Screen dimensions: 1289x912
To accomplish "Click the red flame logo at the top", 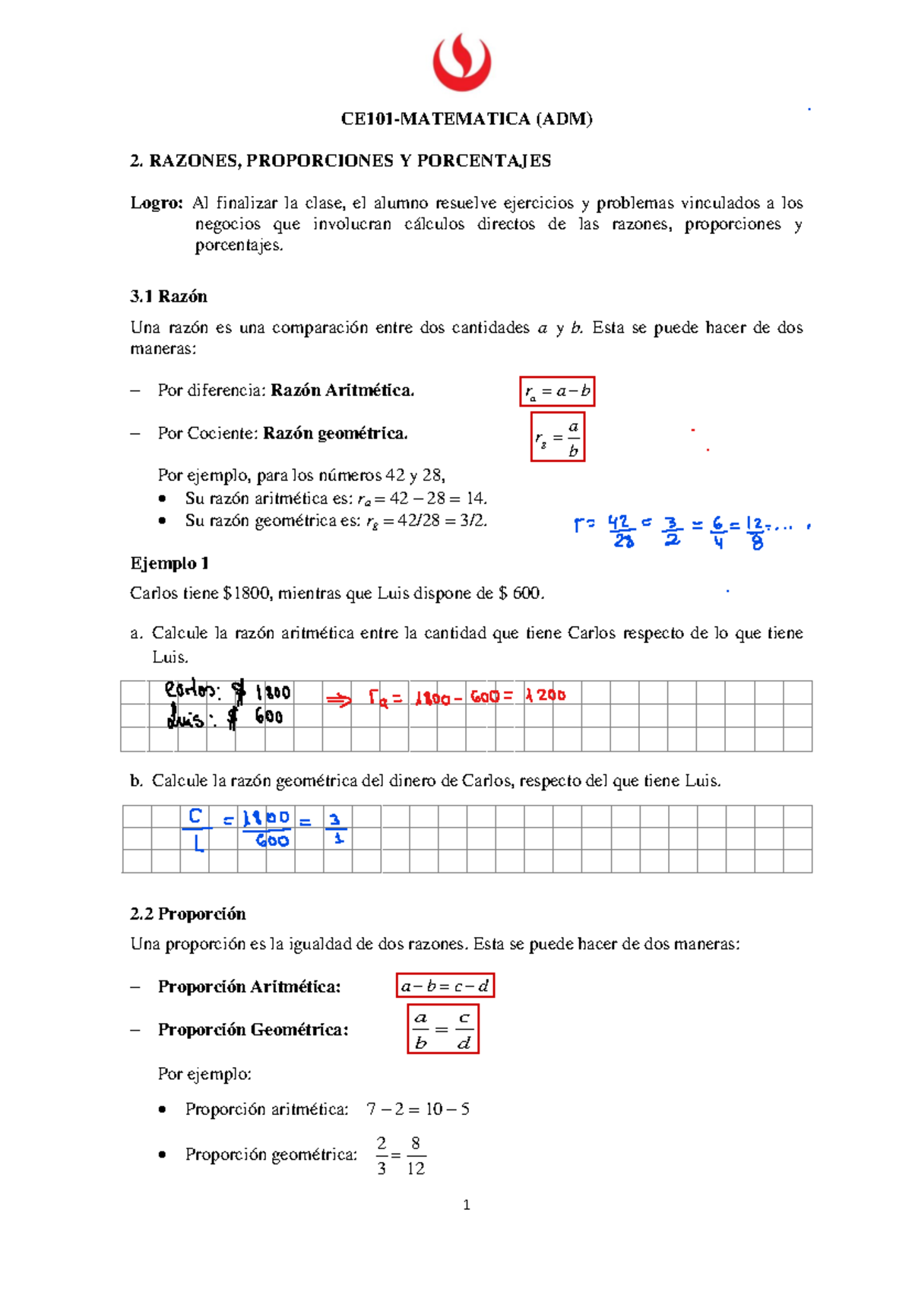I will tap(461, 62).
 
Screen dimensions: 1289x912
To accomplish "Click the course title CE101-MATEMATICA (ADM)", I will tap(466, 119).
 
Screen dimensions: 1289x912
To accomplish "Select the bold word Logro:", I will tap(157, 203).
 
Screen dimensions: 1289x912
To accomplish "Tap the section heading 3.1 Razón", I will tap(169, 296).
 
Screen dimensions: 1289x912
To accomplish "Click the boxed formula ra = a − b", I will tap(557, 392).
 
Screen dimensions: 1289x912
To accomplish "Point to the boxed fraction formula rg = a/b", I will tap(558, 437).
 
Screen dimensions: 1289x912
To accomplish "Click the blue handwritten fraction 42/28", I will tap(621, 531).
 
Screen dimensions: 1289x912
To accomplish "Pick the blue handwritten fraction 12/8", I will tap(755, 533).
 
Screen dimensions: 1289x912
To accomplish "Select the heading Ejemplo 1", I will tap(169, 563).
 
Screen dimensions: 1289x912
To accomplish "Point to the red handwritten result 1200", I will tap(546, 695).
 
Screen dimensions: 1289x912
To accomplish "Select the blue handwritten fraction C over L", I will tap(196, 829).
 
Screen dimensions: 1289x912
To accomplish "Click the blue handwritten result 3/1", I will tap(336, 829).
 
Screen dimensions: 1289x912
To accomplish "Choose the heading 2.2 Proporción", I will tap(188, 914).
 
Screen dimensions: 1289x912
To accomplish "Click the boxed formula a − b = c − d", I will tap(445, 987).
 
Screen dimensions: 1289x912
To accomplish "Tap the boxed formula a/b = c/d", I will tap(443, 1030).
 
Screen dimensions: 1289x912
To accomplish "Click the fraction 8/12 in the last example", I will tap(416, 1156).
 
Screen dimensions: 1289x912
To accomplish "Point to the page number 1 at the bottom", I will tap(467, 1205).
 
